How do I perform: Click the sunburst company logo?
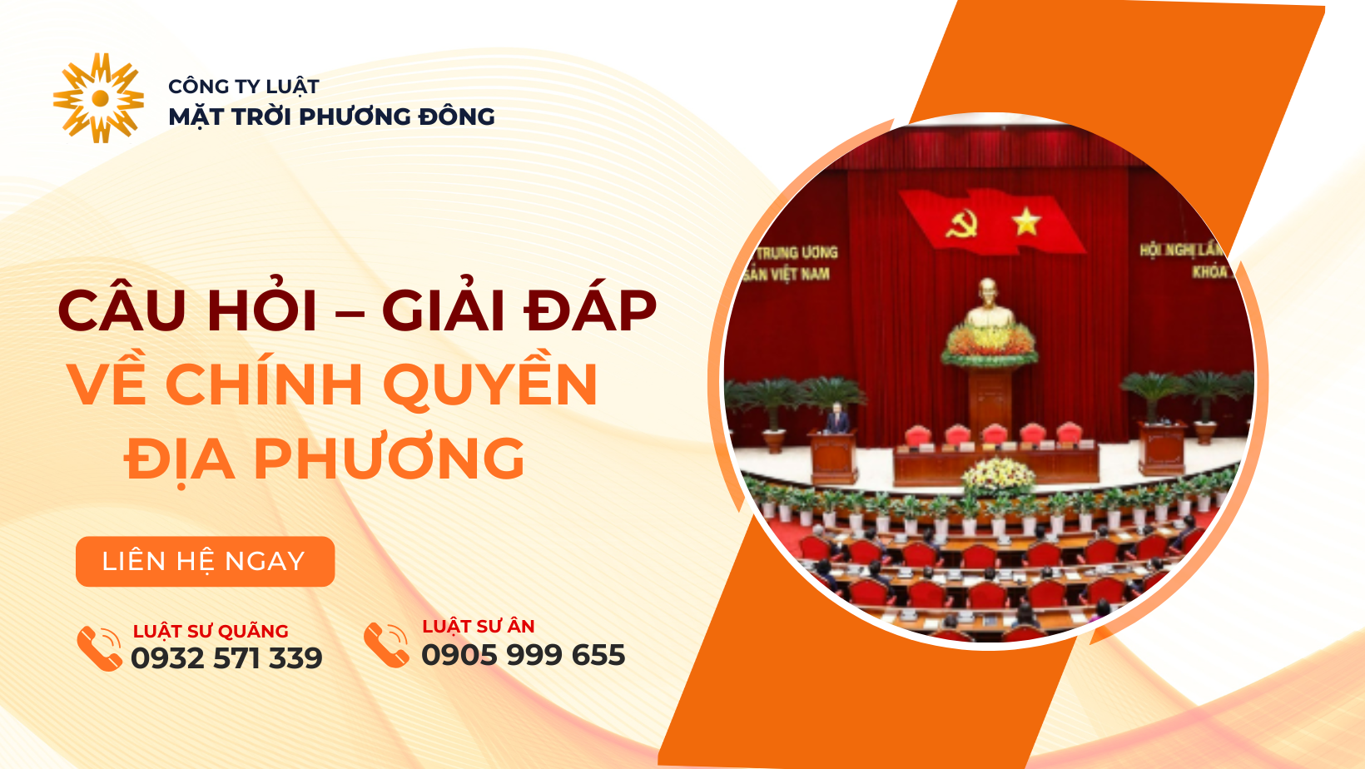pyautogui.click(x=99, y=98)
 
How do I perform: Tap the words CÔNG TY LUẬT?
pyautogui.click(x=244, y=87)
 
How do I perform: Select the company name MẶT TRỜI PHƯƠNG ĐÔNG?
pyautogui.click(x=331, y=117)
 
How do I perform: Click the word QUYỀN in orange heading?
pyautogui.click(x=490, y=384)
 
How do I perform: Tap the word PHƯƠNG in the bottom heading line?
pyautogui.click(x=389, y=459)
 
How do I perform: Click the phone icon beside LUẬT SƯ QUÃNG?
pyautogui.click(x=99, y=648)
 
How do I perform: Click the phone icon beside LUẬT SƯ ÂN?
pyautogui.click(x=386, y=645)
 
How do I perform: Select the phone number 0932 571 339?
pyautogui.click(x=226, y=658)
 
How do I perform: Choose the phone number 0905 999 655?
pyautogui.click(x=524, y=655)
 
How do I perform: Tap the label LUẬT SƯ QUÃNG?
pyautogui.click(x=211, y=631)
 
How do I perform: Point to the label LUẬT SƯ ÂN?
pyautogui.click(x=479, y=626)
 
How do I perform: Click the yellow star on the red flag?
pyautogui.click(x=1026, y=221)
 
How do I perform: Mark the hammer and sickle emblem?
pyautogui.click(x=962, y=224)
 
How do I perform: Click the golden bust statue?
pyautogui.click(x=989, y=304)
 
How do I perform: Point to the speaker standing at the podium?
pyautogui.click(x=837, y=419)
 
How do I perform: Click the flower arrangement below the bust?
pyautogui.click(x=989, y=345)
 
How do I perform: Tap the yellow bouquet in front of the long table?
pyautogui.click(x=998, y=473)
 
